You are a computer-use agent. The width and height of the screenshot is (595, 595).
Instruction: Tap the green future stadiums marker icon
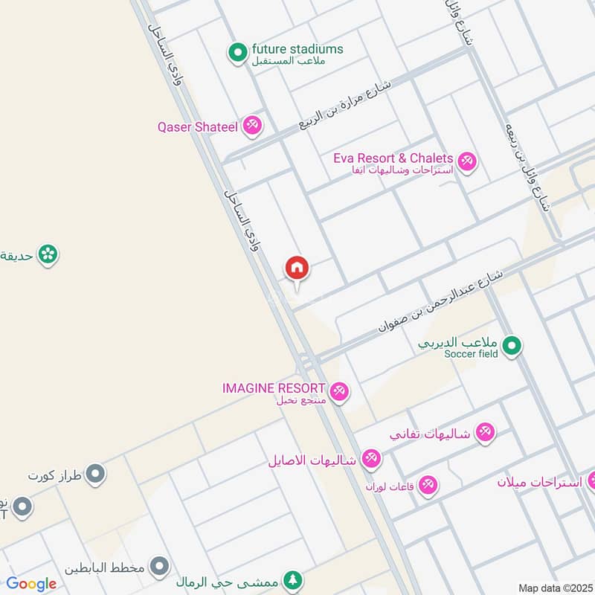tap(237, 52)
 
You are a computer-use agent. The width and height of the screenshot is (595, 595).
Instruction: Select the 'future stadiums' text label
tap(297, 49)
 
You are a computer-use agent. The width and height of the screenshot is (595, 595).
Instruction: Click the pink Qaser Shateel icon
tap(253, 126)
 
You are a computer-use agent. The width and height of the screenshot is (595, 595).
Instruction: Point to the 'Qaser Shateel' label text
tap(197, 126)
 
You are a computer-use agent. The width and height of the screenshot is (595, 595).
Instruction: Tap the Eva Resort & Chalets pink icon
tap(466, 161)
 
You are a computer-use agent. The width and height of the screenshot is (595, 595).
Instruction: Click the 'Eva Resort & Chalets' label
tap(393, 158)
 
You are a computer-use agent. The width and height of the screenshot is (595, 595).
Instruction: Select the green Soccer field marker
tap(512, 346)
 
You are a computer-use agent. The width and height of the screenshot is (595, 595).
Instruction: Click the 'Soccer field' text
tap(471, 354)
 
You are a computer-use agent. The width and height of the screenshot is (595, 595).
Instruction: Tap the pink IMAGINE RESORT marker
tap(339, 390)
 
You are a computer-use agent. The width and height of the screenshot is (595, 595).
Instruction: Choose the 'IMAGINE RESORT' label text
tap(273, 388)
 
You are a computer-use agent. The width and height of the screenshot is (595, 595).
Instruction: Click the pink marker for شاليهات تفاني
tap(485, 432)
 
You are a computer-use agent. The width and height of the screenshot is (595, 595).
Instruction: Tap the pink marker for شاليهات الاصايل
tap(371, 458)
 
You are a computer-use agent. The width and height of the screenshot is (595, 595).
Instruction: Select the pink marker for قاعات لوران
tap(427, 486)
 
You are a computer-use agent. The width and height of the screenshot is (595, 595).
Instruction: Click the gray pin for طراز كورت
tap(94, 474)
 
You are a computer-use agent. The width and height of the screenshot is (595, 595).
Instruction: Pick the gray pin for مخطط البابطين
tap(158, 567)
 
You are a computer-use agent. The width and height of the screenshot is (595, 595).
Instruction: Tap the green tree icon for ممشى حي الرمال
tap(293, 579)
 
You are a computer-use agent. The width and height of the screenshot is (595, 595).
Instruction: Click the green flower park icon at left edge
tap(48, 254)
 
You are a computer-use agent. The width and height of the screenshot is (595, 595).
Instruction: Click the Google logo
tap(31, 583)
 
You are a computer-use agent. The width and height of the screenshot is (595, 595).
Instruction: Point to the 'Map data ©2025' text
tap(554, 588)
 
